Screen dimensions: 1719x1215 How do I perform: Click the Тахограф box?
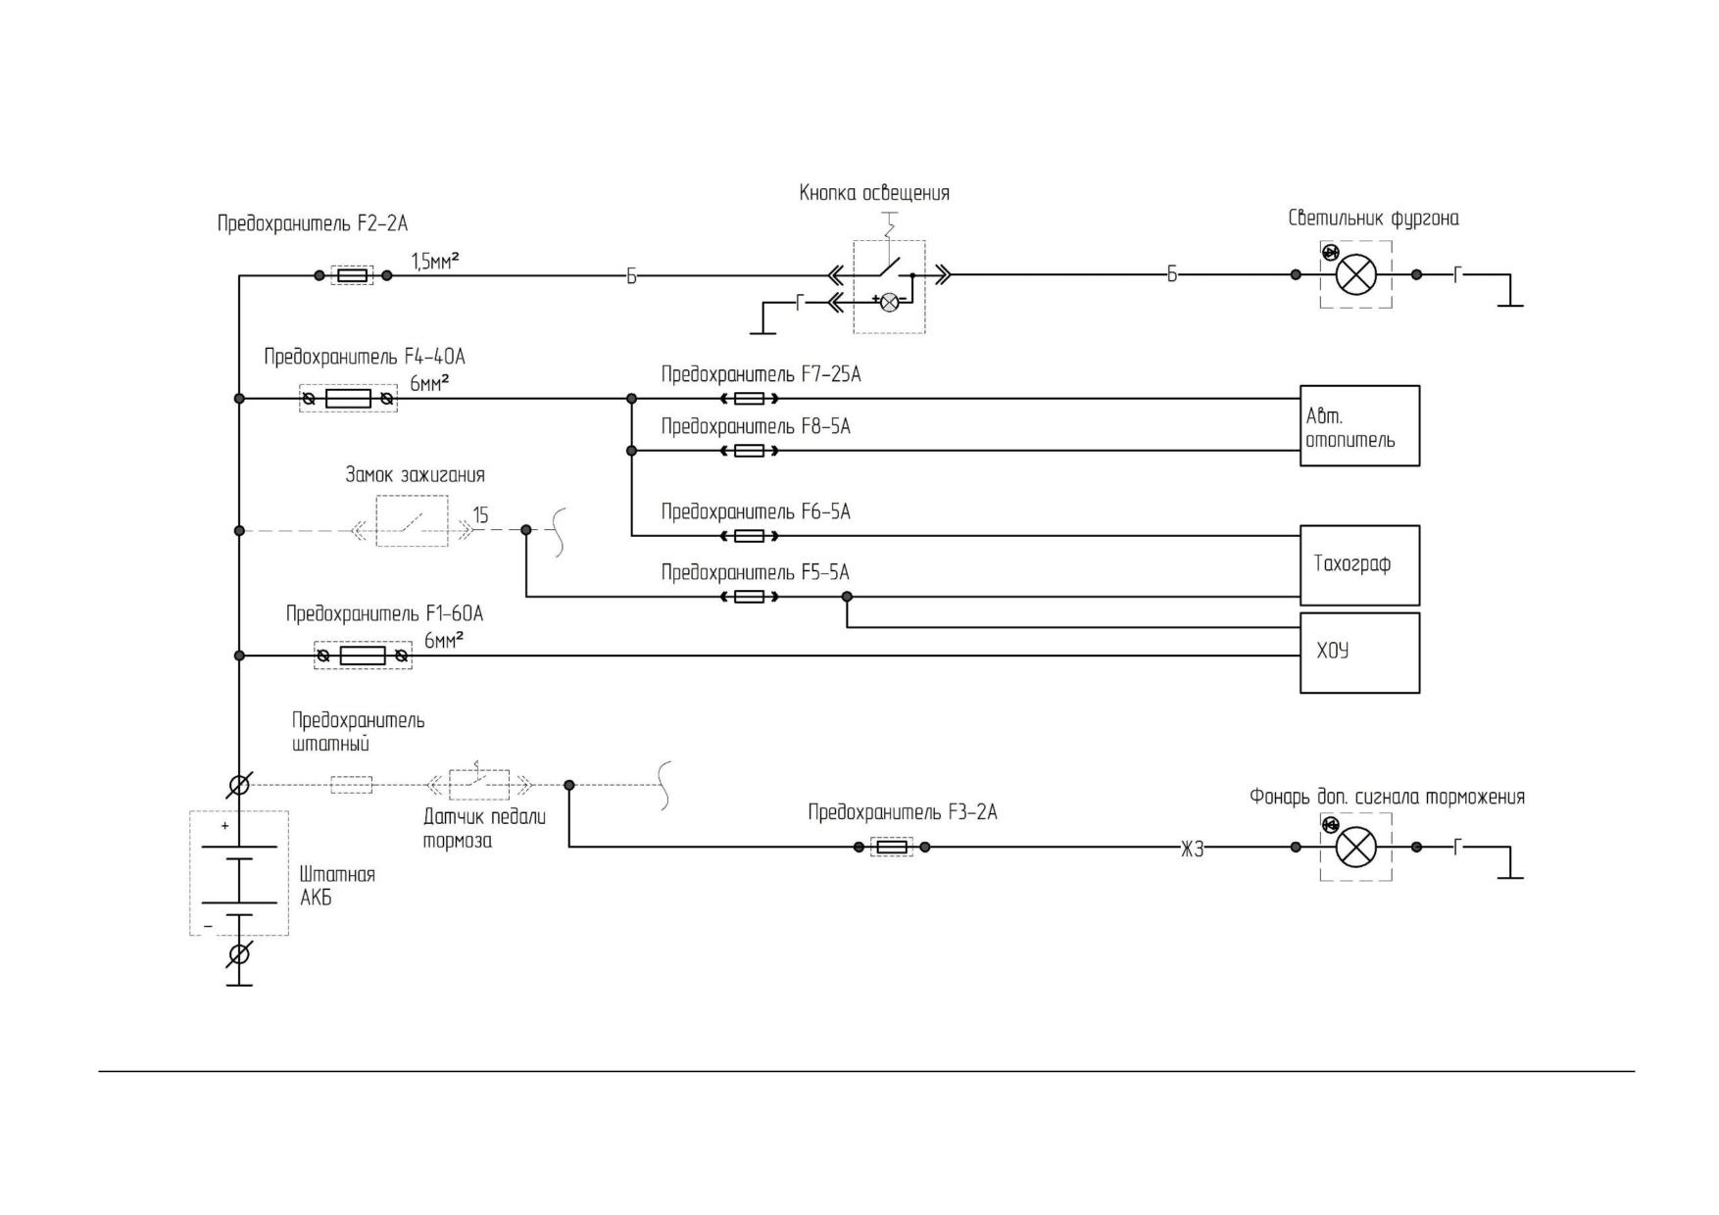1359,565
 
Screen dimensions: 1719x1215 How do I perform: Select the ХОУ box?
1359,653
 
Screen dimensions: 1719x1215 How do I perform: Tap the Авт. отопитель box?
1359,425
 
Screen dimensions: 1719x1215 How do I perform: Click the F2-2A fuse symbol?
353,275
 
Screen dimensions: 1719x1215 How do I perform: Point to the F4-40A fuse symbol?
348,399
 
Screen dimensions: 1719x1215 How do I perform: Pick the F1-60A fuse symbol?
363,656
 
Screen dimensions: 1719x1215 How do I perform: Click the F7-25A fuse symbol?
750,399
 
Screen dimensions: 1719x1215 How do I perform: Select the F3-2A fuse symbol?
892,847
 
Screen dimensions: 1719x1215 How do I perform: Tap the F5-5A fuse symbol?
750,596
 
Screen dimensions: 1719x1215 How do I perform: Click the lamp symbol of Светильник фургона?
1356,275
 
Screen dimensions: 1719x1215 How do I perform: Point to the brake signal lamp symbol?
1356,847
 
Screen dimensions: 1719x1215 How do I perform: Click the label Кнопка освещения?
874,193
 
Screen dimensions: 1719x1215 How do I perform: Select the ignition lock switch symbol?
413,521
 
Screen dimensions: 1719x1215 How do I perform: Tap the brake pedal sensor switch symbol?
479,784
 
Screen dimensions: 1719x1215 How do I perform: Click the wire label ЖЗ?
1192,850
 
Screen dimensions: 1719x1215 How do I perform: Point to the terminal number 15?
480,514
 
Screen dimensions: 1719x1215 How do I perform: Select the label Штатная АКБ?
337,886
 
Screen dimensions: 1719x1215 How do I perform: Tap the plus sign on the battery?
224,826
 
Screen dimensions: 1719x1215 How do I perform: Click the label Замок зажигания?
415,475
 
